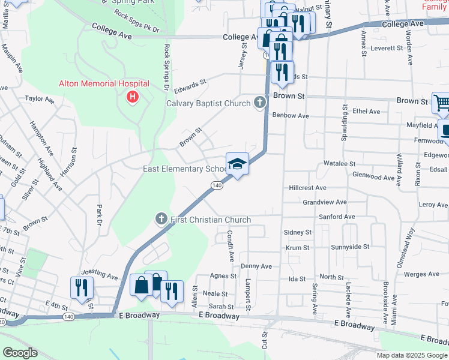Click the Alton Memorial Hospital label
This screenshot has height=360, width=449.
[x=103, y=84]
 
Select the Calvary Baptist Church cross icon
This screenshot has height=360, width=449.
[x=259, y=103]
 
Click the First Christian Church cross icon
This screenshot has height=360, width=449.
[x=161, y=218]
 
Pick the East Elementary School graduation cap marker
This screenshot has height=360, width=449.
[x=237, y=163]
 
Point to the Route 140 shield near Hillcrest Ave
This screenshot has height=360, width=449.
[x=217, y=186]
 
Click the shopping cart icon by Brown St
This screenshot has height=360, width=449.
[x=441, y=103]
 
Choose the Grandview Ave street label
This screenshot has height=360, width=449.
[x=325, y=203]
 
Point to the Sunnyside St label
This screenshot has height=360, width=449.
[x=350, y=247]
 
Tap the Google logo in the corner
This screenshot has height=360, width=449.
[x=20, y=352]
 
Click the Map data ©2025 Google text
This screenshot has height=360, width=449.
[x=412, y=355]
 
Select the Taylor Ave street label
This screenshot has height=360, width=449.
[x=40, y=98]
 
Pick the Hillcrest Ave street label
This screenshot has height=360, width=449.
[x=307, y=188]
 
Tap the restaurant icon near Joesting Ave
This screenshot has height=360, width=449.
[x=81, y=287]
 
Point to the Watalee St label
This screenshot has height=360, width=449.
[x=340, y=163]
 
